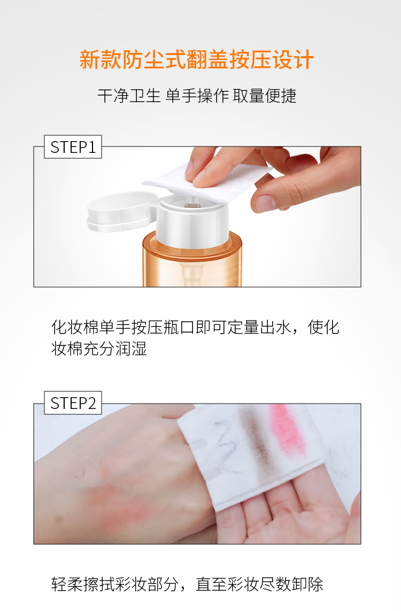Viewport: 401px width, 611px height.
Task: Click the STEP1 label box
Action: pyautogui.click(x=73, y=146)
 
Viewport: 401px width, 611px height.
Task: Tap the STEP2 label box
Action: pyautogui.click(x=73, y=403)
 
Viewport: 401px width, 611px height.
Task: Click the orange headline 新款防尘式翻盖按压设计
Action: pyautogui.click(x=196, y=60)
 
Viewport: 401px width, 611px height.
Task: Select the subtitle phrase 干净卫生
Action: pyautogui.click(x=129, y=96)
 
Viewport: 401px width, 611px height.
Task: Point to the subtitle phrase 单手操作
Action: pyautogui.click(x=197, y=96)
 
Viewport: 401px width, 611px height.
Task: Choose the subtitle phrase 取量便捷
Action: pyautogui.click(x=265, y=96)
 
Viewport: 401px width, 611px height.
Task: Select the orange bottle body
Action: pyautogui.click(x=192, y=260)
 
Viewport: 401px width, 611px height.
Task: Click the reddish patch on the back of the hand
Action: pyautogui.click(x=117, y=502)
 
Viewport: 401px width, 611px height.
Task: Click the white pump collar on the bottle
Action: pyautogui.click(x=192, y=222)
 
